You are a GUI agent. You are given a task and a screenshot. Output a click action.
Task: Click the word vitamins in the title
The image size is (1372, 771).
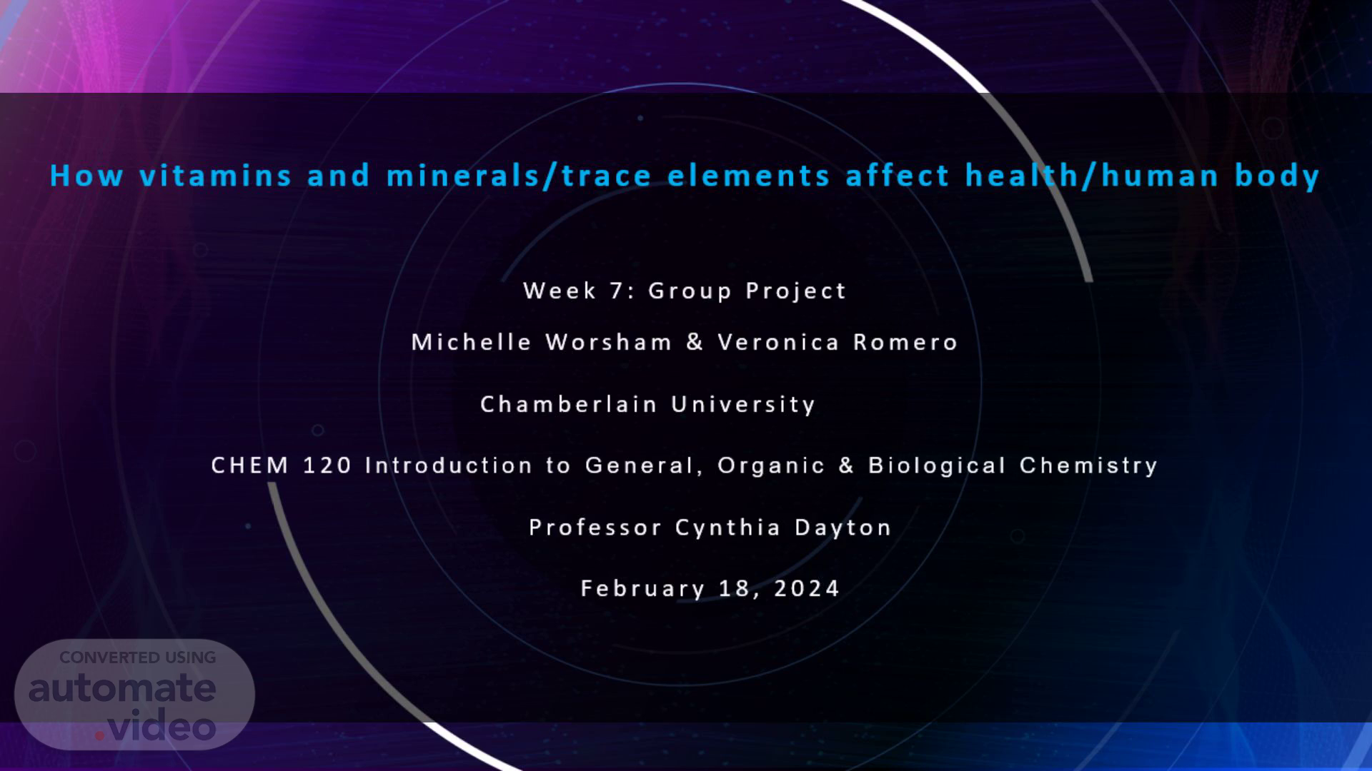[215, 176]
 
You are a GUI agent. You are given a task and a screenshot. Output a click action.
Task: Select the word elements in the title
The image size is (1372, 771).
[748, 176]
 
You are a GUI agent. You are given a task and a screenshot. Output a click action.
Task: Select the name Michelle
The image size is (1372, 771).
[472, 342]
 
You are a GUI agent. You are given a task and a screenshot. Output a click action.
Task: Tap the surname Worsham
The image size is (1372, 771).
[609, 342]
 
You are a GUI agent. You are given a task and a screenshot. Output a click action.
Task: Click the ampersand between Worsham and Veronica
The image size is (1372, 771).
[695, 342]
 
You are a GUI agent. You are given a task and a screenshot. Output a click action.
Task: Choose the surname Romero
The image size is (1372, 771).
[905, 343]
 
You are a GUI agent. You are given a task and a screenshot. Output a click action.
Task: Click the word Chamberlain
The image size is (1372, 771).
[569, 404]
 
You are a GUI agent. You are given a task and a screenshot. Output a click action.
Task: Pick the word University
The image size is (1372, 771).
[744, 405]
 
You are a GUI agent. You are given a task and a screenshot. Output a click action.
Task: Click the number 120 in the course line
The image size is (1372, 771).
[328, 465]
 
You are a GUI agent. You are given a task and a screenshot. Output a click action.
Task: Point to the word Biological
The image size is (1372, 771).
[938, 466]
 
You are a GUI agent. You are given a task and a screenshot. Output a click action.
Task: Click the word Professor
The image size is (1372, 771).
[595, 528]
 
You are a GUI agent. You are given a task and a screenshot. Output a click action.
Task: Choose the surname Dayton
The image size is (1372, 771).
[843, 528]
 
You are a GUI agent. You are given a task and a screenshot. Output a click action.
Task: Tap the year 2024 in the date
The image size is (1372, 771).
[807, 588]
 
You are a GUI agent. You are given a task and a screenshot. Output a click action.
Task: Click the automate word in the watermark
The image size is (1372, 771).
[122, 688]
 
